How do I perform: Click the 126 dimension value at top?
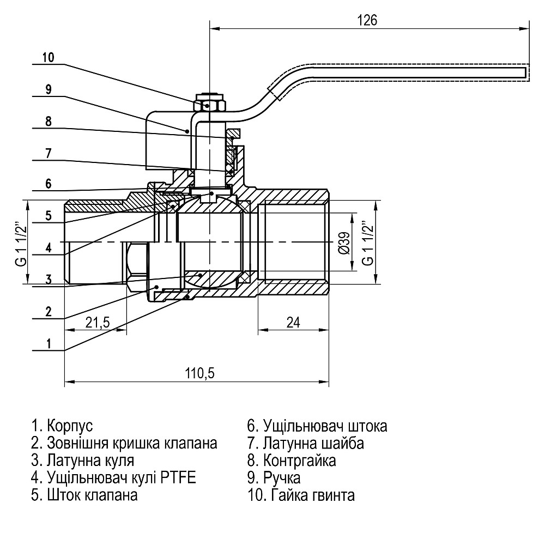[x=367, y=20]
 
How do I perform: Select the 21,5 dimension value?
[x=98, y=322]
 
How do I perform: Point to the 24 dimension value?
[x=293, y=322]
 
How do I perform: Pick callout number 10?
[x=48, y=57]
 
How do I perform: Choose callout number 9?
[x=48, y=89]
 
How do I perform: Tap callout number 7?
[x=48, y=153]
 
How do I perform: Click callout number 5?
[x=48, y=216]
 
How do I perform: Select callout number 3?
[x=48, y=280]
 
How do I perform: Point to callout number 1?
[x=48, y=343]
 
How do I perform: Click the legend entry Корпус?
[x=63, y=425]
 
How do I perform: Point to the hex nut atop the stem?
[x=209, y=103]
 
